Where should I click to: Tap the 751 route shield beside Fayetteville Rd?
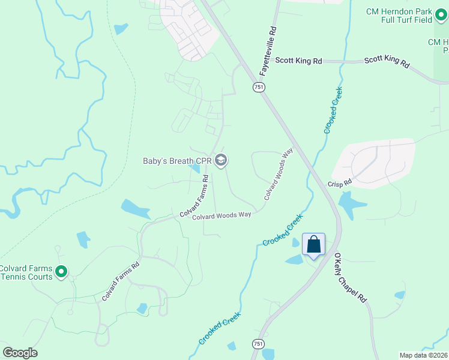click(x=258, y=88)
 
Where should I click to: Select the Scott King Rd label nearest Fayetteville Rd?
click(x=298, y=61)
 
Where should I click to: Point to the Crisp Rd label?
click(x=339, y=182)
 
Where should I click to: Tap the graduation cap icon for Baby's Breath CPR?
click(x=221, y=160)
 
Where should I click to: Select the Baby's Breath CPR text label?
click(x=177, y=161)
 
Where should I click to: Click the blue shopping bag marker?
click(x=313, y=245)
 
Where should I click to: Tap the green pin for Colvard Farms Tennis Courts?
click(x=61, y=272)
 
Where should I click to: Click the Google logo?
click(x=20, y=353)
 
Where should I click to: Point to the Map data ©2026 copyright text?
click(x=424, y=355)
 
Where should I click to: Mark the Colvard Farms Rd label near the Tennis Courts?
click(x=120, y=281)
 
